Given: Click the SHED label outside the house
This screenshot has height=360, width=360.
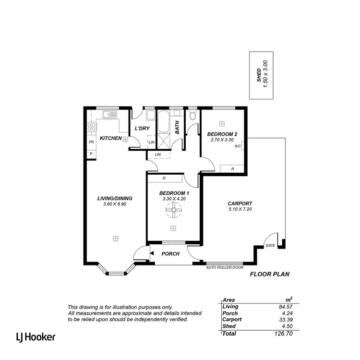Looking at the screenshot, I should coord(259,76).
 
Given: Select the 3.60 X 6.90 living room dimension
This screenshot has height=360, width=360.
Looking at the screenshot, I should coord(114,204).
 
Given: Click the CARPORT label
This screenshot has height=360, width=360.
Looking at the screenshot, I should coord(240,204).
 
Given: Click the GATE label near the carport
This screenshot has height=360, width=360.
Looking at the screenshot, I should coord(271,245).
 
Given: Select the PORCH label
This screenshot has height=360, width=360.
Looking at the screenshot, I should coord(170,254).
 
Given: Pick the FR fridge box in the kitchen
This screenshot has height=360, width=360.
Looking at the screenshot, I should coord(91,143).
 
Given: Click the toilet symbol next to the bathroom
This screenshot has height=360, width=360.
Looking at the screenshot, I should coord(192,116).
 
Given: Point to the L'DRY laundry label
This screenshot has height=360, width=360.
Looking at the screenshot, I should coord(142,129).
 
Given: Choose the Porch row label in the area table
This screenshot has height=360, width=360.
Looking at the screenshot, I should coord(230,312).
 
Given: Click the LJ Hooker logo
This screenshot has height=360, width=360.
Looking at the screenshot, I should coord(36,336).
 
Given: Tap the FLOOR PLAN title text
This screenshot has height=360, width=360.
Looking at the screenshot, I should coord(270,275).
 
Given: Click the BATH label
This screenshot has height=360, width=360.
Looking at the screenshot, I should coord(177,127).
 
